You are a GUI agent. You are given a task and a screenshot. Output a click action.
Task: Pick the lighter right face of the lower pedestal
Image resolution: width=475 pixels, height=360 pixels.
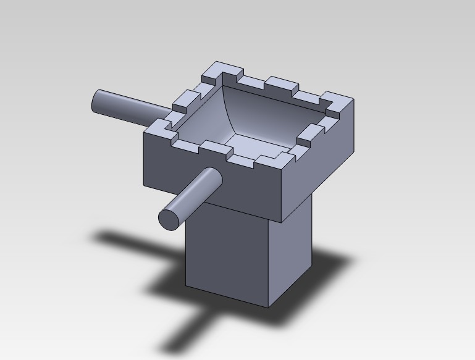290,247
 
